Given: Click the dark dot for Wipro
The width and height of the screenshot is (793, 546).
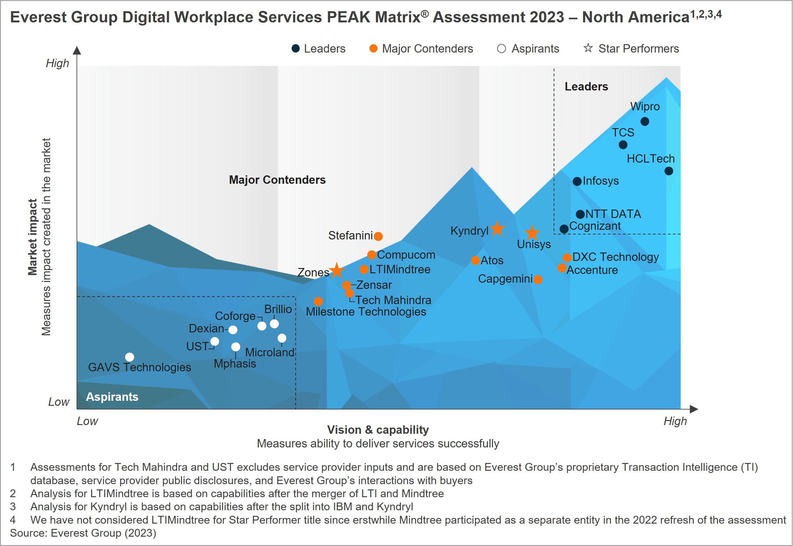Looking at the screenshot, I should (645, 122).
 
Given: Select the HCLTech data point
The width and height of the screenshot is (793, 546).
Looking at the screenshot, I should (669, 171).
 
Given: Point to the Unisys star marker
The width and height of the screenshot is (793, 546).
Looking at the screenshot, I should (532, 233).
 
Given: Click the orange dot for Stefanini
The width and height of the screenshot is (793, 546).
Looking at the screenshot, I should (378, 236).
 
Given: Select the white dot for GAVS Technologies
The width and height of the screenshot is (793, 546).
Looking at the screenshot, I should (129, 357).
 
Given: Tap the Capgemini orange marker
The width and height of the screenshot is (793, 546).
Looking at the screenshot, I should (538, 280).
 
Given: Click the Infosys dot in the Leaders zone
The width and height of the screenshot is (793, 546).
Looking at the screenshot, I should (577, 181).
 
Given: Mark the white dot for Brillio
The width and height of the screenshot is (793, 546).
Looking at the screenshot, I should (274, 324).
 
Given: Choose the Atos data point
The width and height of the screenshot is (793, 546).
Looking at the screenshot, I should (475, 260).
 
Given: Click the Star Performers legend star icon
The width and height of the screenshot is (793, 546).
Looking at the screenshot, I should (588, 48).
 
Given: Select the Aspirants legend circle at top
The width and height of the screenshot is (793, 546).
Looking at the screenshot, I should (501, 49).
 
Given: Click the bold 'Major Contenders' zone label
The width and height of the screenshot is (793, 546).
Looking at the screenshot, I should (277, 180).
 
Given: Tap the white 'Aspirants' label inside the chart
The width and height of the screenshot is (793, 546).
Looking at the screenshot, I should (112, 397).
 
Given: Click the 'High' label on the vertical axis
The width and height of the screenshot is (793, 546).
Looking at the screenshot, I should (57, 63).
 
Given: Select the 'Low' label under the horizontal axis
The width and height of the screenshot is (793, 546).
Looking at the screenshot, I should (87, 421).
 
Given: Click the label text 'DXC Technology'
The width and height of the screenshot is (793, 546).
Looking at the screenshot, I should (615, 257).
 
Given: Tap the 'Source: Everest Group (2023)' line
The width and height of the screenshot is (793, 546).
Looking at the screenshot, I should (83, 533).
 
